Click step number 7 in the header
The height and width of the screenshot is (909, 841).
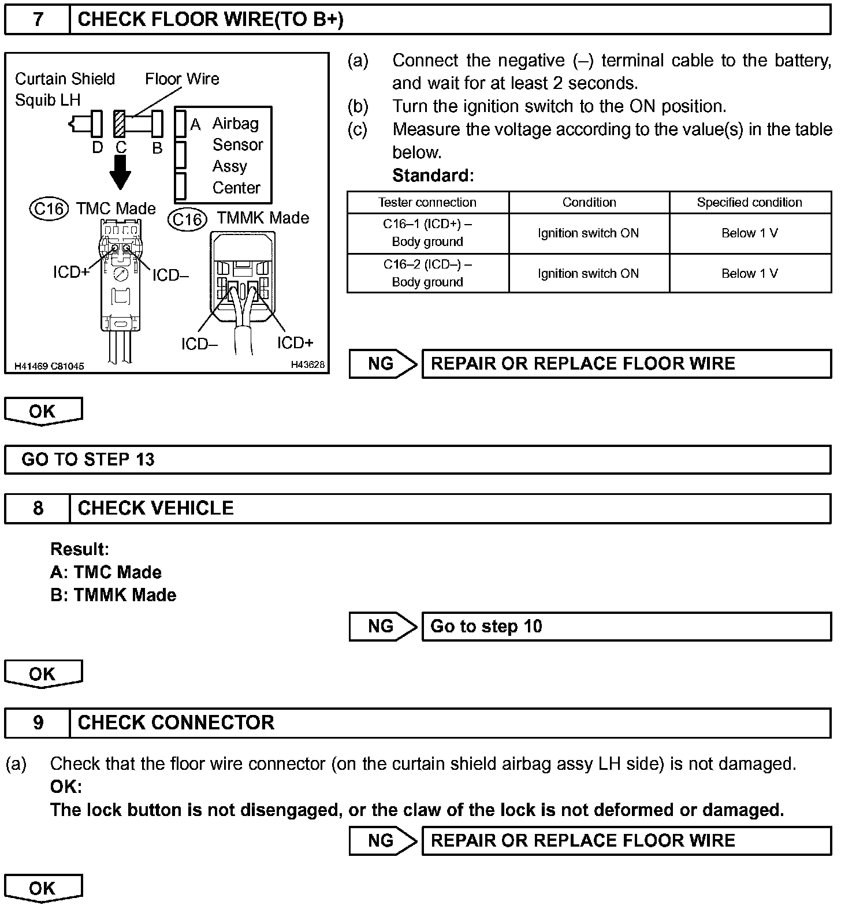click(38, 20)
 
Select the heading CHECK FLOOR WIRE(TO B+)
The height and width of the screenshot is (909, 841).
click(210, 20)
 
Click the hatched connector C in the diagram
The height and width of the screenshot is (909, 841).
click(120, 124)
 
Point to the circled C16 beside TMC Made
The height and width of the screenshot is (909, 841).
click(49, 208)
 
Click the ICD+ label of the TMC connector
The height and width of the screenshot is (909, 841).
click(71, 271)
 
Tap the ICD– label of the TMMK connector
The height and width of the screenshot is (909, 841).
click(199, 344)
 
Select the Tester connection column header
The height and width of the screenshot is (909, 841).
click(427, 203)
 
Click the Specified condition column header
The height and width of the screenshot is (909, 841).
click(749, 203)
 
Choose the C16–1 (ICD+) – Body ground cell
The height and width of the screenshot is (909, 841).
click(427, 233)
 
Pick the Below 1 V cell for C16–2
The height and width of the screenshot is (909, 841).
click(749, 273)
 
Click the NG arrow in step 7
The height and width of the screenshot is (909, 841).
click(383, 364)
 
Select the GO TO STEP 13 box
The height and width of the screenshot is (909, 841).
click(417, 460)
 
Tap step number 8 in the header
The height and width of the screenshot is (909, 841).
click(38, 508)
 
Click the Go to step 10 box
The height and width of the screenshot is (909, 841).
click(626, 627)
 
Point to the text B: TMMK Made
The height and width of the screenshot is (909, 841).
click(113, 595)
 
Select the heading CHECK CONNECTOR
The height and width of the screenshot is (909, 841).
click(176, 723)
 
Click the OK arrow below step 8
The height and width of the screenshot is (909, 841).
click(43, 674)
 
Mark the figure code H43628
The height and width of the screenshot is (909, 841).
click(307, 365)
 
